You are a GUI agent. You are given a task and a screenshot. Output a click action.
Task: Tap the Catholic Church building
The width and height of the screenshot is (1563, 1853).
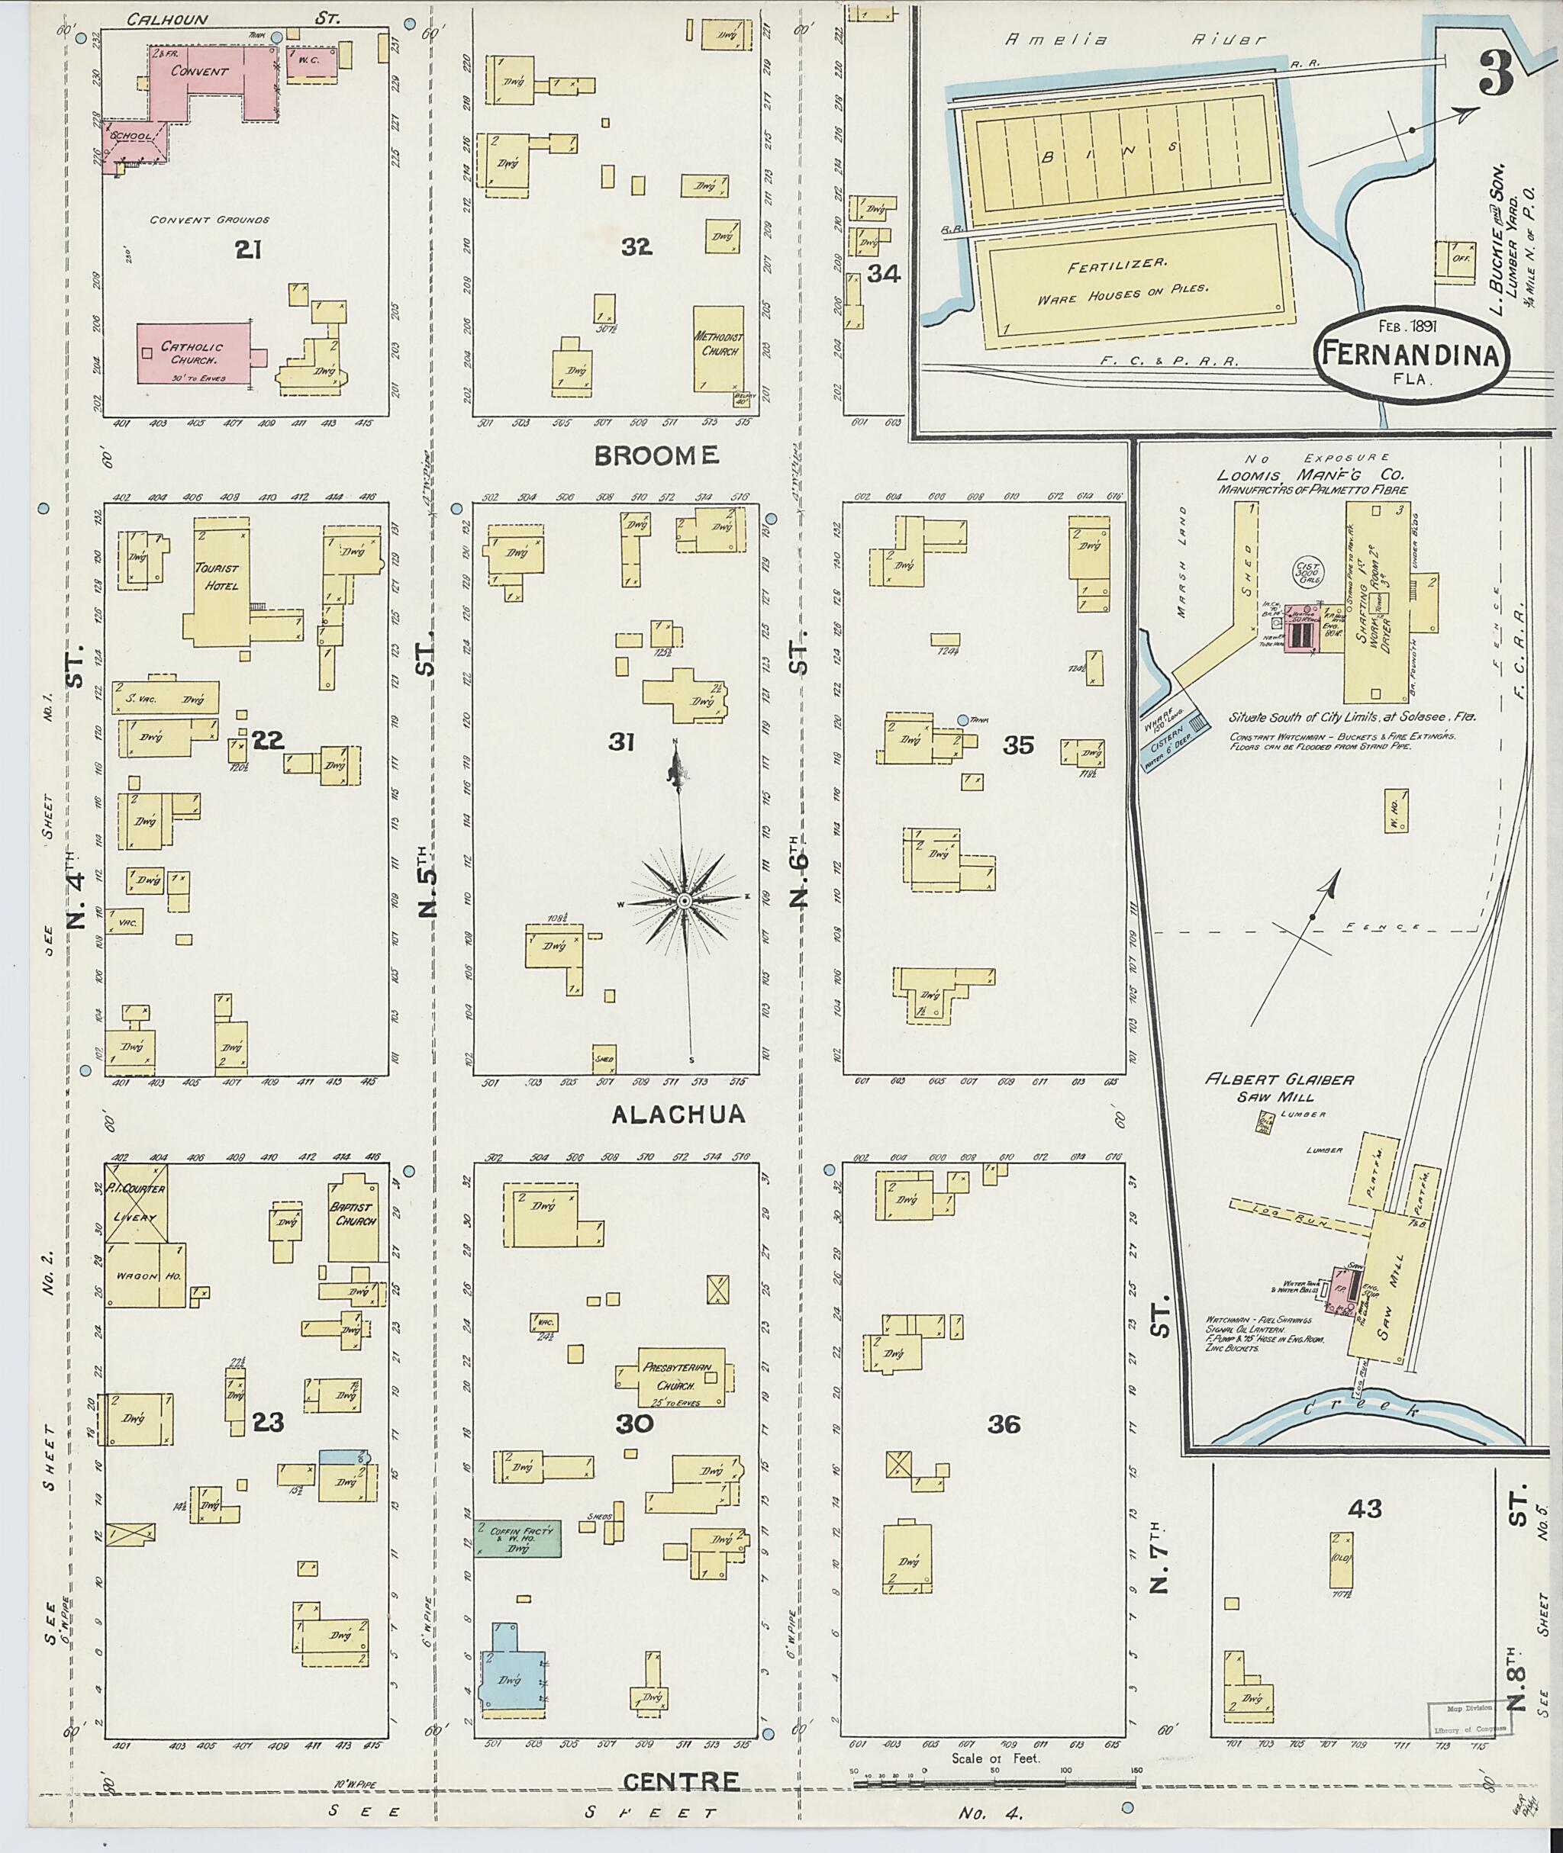[192, 352]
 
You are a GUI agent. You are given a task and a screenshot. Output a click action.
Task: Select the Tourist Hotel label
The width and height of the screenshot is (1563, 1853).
[217, 576]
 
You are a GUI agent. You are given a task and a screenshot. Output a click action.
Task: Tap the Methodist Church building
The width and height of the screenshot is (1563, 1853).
[717, 347]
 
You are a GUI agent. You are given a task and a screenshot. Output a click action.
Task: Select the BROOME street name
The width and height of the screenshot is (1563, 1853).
[656, 456]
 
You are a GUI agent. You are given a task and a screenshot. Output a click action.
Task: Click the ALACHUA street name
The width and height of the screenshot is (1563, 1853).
[678, 1115]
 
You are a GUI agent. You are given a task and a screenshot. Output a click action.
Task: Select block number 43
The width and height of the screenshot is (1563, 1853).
[1365, 1507]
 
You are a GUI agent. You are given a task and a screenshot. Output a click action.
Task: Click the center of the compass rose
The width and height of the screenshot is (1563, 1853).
[684, 901]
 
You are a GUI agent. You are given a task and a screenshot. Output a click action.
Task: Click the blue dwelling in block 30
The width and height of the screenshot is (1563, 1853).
[511, 1673]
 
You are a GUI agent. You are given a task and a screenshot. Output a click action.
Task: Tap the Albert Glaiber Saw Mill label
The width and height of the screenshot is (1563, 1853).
[1278, 1087]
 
